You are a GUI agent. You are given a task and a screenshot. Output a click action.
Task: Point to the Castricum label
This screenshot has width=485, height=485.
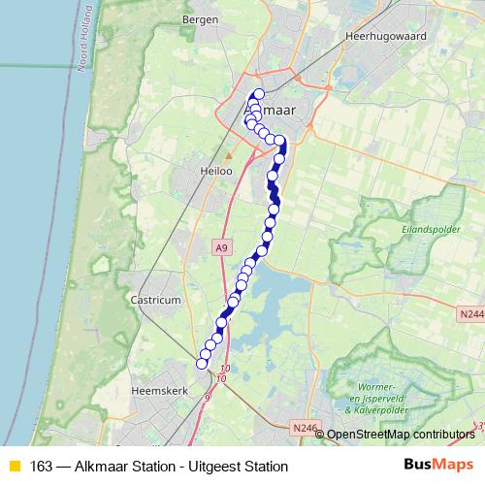click(x=156, y=301)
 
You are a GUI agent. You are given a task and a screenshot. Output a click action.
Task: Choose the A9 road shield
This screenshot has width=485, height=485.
click(x=222, y=248)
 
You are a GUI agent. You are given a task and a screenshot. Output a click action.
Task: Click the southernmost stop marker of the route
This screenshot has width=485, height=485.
click(x=203, y=364)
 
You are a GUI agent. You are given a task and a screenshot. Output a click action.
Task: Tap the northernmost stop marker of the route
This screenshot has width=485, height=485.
click(x=259, y=94)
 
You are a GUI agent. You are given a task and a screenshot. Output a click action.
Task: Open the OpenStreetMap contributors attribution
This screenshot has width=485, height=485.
click(x=400, y=435)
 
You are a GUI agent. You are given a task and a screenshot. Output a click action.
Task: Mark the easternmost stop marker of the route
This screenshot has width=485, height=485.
click(x=281, y=142)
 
